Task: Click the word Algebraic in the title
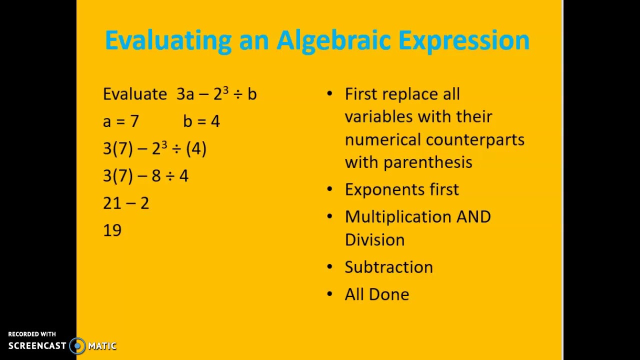pyautogui.click(x=333, y=40)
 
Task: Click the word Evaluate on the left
pyautogui.click(x=135, y=94)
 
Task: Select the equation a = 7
pyautogui.click(x=120, y=121)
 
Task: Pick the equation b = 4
pyautogui.click(x=201, y=121)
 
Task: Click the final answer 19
pyautogui.click(x=112, y=230)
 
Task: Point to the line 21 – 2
pyautogui.click(x=126, y=203)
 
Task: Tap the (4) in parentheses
pyautogui.click(x=196, y=148)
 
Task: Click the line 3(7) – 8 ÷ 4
pyautogui.click(x=145, y=176)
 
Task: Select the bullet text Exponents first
pyautogui.click(x=401, y=189)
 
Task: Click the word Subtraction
pyautogui.click(x=388, y=267)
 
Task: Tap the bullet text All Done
pyautogui.click(x=376, y=294)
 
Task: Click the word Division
pyautogui.click(x=374, y=240)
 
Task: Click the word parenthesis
pyautogui.click(x=427, y=162)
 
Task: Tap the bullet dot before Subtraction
pyautogui.click(x=329, y=267)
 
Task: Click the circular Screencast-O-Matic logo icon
pyautogui.click(x=77, y=345)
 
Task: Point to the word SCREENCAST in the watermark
pyautogui.click(x=37, y=345)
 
